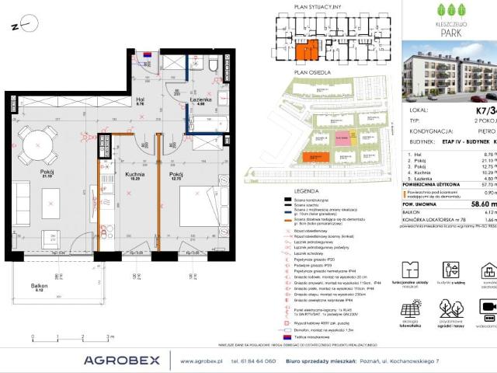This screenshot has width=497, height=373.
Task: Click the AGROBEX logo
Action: pos(121,360)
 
